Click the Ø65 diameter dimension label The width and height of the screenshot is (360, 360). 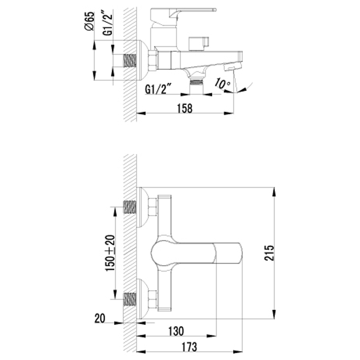pos(90,21)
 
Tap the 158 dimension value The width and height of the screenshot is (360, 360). pos(184,108)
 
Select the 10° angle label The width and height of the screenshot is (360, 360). pos(222,83)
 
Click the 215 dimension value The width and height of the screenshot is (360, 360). pos(269,253)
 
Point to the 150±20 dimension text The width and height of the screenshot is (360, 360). pos(110,253)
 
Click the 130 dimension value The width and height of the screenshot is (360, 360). pos(176,331)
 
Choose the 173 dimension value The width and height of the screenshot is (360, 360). pos(189,346)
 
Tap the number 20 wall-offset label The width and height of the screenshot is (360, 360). pos(99,319)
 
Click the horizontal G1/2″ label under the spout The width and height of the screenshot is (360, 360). pos(158,89)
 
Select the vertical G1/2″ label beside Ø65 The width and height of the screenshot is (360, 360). pos(108,22)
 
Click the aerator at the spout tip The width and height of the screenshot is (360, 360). pos(233,67)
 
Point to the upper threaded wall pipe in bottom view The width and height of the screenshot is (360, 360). pos(130,207)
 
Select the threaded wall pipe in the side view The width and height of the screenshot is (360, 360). pos(130,61)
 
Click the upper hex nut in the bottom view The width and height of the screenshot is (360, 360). pos(153,207)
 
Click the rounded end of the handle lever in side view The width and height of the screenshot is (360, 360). pos(214,9)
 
